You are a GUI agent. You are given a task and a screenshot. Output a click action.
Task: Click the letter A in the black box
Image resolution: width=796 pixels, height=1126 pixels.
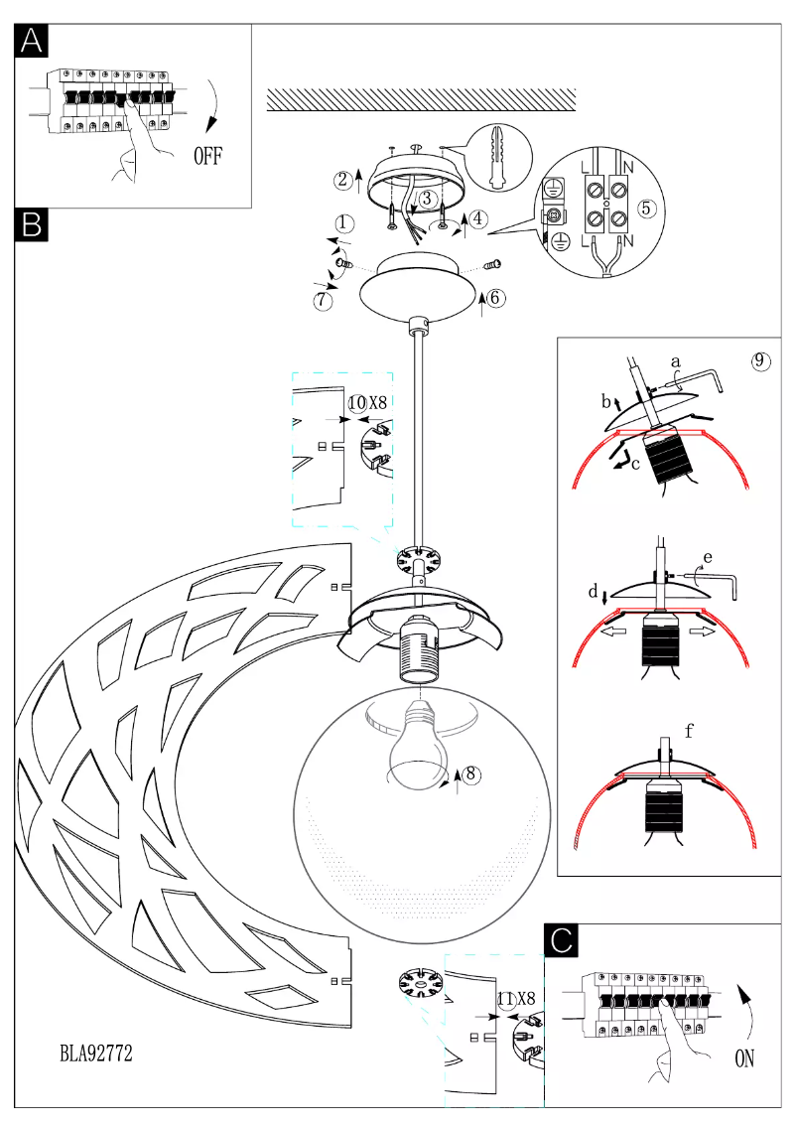point(32,42)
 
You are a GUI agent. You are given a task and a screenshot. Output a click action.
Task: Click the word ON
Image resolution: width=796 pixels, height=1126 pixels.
point(744,1059)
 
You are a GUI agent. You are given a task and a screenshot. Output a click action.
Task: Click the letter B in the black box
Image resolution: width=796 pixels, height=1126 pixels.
point(32,224)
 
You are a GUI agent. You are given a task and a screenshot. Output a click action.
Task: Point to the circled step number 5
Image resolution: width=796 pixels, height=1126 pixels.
point(646,209)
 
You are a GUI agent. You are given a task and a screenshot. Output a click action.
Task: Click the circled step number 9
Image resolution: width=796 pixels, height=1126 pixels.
point(760,360)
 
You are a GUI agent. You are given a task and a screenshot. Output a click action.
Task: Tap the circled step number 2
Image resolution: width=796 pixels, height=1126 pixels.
point(343,180)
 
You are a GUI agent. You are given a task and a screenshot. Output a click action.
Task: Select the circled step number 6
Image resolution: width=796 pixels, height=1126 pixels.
point(496,297)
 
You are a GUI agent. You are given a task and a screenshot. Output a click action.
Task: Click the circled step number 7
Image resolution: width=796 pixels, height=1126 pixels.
point(323,300)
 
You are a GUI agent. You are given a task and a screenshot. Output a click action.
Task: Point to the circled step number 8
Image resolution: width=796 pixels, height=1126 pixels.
point(471,773)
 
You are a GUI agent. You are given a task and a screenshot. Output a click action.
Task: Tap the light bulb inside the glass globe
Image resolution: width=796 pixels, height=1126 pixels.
point(416,750)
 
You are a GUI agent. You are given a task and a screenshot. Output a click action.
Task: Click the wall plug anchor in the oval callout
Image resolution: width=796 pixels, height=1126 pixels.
point(499,158)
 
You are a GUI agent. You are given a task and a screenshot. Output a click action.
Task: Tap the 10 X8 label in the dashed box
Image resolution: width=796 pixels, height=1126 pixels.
point(366,402)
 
